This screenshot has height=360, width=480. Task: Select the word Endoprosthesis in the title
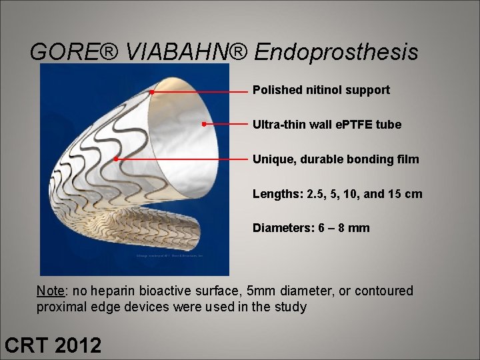click(x=336, y=52)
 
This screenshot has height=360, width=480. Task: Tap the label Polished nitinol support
click(x=321, y=90)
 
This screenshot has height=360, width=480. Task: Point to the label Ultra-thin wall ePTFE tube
click(x=327, y=125)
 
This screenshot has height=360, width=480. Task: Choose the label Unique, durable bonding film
click(x=335, y=159)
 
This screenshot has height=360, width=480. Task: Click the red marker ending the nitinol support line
click(x=152, y=91)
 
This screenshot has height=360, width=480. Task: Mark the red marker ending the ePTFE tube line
click(x=203, y=124)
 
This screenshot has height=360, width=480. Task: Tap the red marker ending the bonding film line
click(x=116, y=159)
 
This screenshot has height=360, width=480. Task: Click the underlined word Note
click(x=51, y=291)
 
